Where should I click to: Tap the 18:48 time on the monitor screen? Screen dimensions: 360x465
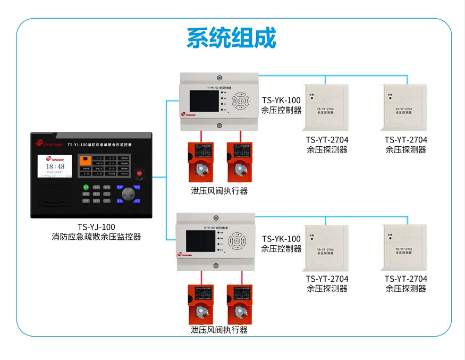point(54,166)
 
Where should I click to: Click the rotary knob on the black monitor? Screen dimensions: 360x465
point(128,194)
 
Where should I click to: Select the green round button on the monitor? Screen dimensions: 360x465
point(86,187)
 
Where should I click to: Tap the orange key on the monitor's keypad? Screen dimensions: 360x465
point(85,159)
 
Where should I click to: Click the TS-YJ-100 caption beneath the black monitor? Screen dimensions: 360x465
point(92,227)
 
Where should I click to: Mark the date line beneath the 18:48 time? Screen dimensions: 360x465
point(54,172)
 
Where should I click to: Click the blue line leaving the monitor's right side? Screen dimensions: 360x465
point(159,177)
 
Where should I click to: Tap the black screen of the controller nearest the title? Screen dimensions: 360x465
point(204,101)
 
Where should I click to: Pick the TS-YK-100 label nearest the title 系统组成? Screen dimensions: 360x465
point(281,100)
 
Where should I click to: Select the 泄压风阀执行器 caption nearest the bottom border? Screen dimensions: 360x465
point(219,330)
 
